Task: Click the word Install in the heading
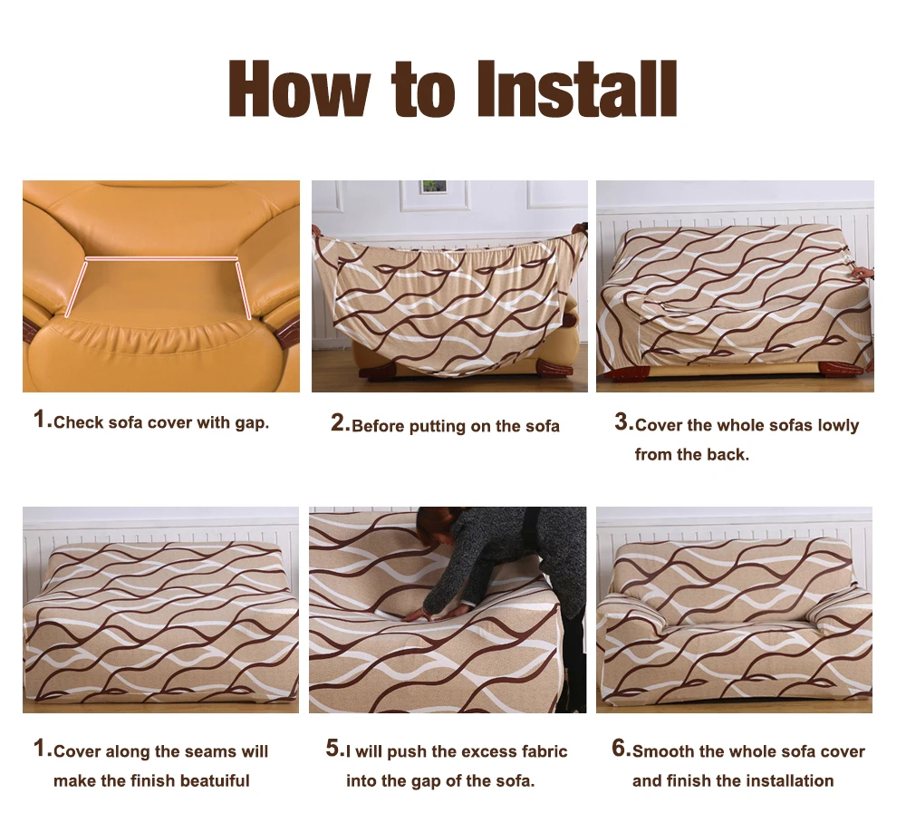576,89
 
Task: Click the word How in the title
299,89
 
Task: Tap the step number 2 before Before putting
338,422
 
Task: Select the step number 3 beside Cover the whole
622,422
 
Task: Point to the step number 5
333,749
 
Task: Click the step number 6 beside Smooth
620,749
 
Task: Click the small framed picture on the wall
433,188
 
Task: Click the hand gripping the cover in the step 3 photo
863,272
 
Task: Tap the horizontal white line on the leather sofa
161,258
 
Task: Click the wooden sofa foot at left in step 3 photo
626,373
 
